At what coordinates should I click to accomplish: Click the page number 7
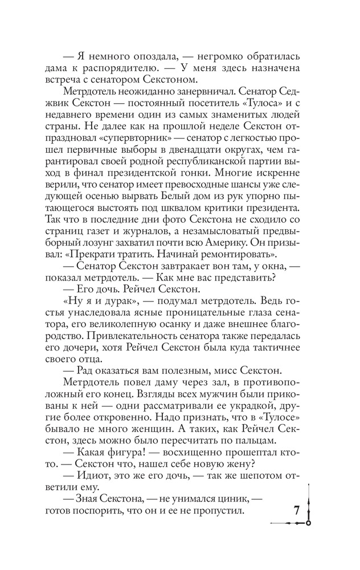pos(296,511)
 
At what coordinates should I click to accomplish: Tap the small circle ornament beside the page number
pos(308,522)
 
